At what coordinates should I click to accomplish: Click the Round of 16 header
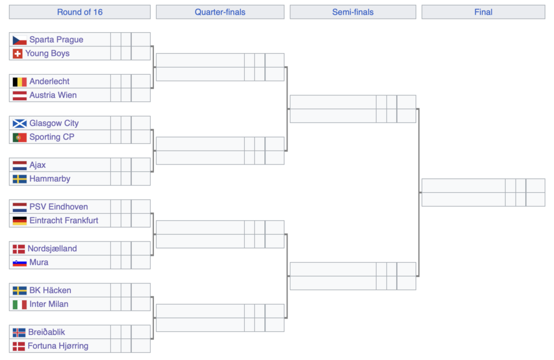point(80,12)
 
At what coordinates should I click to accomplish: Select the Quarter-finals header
point(220,12)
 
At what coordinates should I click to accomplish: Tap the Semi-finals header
point(353,12)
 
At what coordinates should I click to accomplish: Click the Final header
point(483,12)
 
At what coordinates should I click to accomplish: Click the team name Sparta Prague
point(56,39)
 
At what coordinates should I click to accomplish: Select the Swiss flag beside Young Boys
point(17,54)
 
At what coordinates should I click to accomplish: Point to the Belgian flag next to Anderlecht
point(19,81)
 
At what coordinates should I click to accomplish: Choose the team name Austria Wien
point(53,95)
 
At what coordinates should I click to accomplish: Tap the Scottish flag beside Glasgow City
point(19,124)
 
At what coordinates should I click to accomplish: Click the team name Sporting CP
point(52,137)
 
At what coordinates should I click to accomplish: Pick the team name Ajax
point(38,165)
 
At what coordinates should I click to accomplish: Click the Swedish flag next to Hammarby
point(19,179)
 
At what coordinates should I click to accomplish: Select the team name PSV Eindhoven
point(59,207)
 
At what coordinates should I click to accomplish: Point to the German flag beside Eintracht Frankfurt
point(19,221)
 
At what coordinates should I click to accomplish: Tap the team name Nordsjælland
point(52,248)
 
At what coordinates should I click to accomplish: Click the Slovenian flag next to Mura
point(19,263)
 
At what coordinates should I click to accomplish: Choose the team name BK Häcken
point(50,290)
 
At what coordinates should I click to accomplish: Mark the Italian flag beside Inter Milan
point(19,304)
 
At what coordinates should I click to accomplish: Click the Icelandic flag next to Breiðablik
point(19,332)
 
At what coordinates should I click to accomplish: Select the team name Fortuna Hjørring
point(58,346)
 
